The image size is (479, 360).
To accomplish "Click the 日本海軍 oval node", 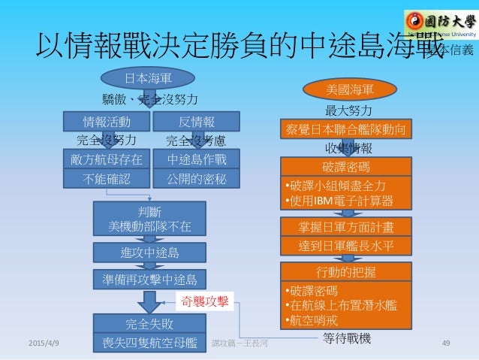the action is pos(148,77).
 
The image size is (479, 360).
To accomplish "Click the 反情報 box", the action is pos(196,122).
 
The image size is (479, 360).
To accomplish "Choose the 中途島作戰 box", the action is pos(196,159).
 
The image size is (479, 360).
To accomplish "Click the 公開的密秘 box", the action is pos(196,178).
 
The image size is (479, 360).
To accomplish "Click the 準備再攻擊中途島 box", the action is pos(148,279).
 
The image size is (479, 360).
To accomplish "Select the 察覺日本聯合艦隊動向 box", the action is pos(346,129).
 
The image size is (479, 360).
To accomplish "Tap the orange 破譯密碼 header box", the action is pos(346,165).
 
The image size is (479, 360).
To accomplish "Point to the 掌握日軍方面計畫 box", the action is pos(346,225).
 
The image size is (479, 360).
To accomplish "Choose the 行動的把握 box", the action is pos(346,271).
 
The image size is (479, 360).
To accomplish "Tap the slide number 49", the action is pos(446,343).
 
